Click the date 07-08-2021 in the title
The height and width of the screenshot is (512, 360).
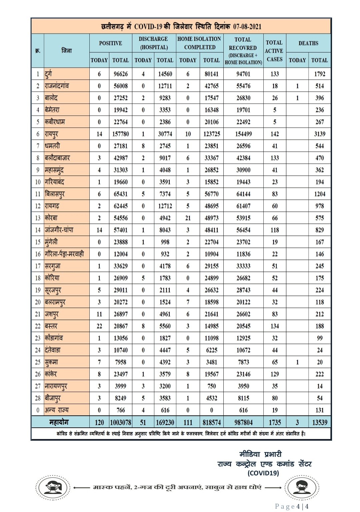pos(247,27)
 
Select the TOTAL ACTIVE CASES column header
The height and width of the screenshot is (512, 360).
pos(274,51)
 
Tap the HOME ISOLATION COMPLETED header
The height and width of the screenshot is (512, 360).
pos(199,43)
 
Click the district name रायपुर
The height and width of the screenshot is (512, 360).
pos(52,134)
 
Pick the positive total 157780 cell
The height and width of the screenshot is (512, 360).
pos(121,134)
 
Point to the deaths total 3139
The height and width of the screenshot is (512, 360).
pos(319,134)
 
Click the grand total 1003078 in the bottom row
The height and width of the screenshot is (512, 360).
pos(121,422)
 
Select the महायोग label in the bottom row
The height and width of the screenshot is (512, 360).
pos(59,422)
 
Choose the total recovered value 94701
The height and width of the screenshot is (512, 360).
pos(243,74)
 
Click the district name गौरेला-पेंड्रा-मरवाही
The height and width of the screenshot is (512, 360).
pos(64,254)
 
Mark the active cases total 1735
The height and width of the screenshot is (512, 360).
pos(275,422)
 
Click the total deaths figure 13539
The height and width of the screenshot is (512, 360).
pos(319,422)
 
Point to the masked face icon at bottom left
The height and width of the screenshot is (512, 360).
pos(53,488)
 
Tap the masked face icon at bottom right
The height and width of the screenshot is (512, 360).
pos(302,488)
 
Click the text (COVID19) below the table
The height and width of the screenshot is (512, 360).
pos(263,473)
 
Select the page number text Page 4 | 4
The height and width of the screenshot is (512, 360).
pos(291,506)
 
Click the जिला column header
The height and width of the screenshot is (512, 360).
pos(67,51)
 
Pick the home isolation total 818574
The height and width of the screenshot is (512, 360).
pos(211,422)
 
